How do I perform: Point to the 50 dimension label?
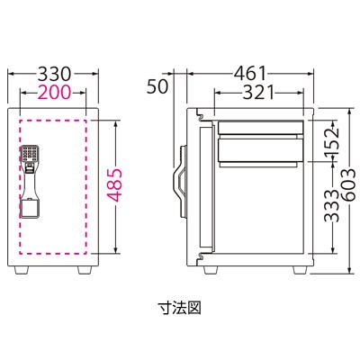coord(157,87)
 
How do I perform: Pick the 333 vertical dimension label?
coord(330,214)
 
